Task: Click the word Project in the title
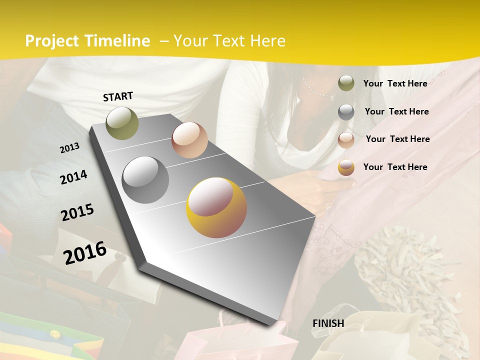tap(51, 41)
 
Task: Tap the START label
tap(118, 96)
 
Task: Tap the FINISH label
tap(328, 323)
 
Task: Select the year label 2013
tap(69, 148)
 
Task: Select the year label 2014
tap(73, 177)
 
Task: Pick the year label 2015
tap(77, 212)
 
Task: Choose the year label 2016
tap(85, 252)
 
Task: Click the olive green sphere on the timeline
tap(122, 123)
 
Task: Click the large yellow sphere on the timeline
tap(216, 207)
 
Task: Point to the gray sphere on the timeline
tap(145, 180)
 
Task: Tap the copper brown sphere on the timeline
tap(189, 140)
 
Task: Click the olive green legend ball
tap(346, 83)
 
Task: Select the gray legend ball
tap(346, 112)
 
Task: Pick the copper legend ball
tap(346, 140)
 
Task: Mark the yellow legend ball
tap(346, 167)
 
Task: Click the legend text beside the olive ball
tap(395, 83)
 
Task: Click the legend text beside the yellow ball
tap(395, 167)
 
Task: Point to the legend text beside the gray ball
tap(396, 111)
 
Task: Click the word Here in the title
tap(267, 41)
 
